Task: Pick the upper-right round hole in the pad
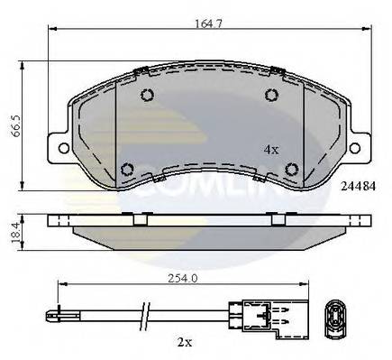point(269,97)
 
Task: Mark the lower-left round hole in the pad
point(126,168)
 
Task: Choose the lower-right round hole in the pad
point(290,168)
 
